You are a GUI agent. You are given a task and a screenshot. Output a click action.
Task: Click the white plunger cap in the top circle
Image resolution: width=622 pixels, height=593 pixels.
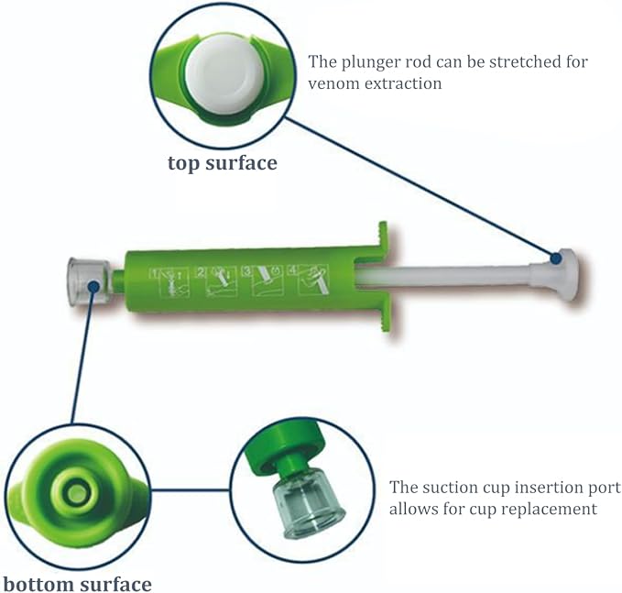[x=225, y=74]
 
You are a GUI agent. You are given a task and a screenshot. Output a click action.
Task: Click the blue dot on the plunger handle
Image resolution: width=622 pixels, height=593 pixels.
[x=556, y=258]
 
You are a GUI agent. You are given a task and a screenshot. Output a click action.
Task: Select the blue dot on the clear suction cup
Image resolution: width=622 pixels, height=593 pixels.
[x=93, y=286]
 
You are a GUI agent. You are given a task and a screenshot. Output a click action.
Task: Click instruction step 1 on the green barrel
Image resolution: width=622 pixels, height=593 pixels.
[x=169, y=283]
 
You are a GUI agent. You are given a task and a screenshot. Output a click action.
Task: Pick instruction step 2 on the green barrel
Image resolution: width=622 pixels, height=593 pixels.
[x=217, y=281]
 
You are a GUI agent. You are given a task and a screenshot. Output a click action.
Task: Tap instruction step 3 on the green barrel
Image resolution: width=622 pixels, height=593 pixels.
[x=264, y=281]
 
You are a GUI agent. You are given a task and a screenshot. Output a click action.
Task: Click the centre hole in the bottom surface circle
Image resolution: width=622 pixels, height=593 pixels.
[x=76, y=494]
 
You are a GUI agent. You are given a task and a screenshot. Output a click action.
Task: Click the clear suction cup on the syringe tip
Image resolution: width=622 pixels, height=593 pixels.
[x=89, y=282]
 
